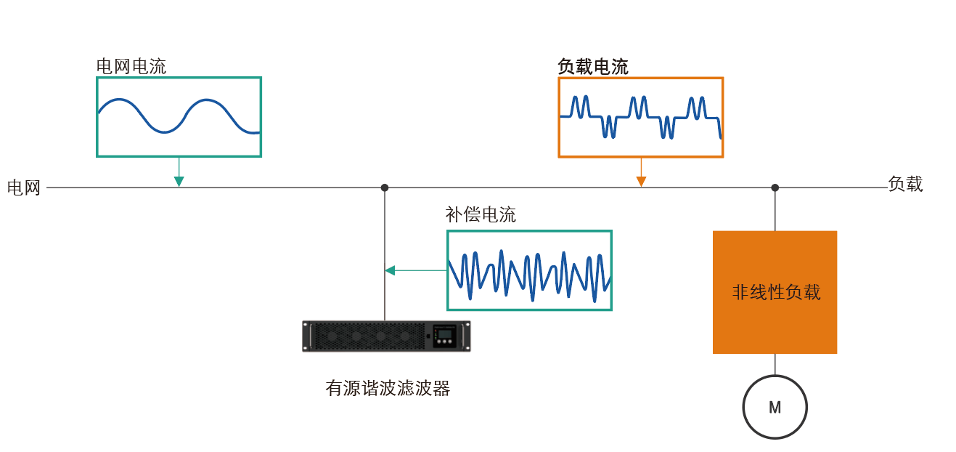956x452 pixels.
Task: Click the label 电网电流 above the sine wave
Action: pyautogui.click(x=131, y=67)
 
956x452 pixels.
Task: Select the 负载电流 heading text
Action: pyautogui.click(x=593, y=67)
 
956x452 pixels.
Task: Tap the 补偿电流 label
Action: pyautogui.click(x=481, y=214)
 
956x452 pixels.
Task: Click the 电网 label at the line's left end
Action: pyautogui.click(x=24, y=187)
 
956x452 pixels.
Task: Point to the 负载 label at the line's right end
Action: pyautogui.click(x=906, y=184)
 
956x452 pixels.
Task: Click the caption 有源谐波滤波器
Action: pyautogui.click(x=388, y=388)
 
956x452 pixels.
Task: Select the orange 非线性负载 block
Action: pyautogui.click(x=775, y=292)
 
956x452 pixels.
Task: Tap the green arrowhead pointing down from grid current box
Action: pyautogui.click(x=179, y=181)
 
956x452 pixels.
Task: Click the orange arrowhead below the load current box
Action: pyautogui.click(x=641, y=181)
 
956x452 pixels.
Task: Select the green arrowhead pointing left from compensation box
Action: pyautogui.click(x=390, y=270)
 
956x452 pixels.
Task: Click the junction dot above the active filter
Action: pyautogui.click(x=385, y=187)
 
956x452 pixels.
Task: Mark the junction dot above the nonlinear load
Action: pyautogui.click(x=775, y=187)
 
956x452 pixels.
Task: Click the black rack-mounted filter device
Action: pyautogui.click(x=386, y=336)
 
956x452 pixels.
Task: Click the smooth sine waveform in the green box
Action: pyautogui.click(x=179, y=116)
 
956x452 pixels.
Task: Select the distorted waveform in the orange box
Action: pyautogui.click(x=641, y=117)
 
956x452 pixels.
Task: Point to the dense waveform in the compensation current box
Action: pyautogui.click(x=529, y=275)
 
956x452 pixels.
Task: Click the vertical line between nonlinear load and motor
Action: pyautogui.click(x=775, y=364)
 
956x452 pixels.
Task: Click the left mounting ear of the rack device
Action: pyautogui.click(x=306, y=336)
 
